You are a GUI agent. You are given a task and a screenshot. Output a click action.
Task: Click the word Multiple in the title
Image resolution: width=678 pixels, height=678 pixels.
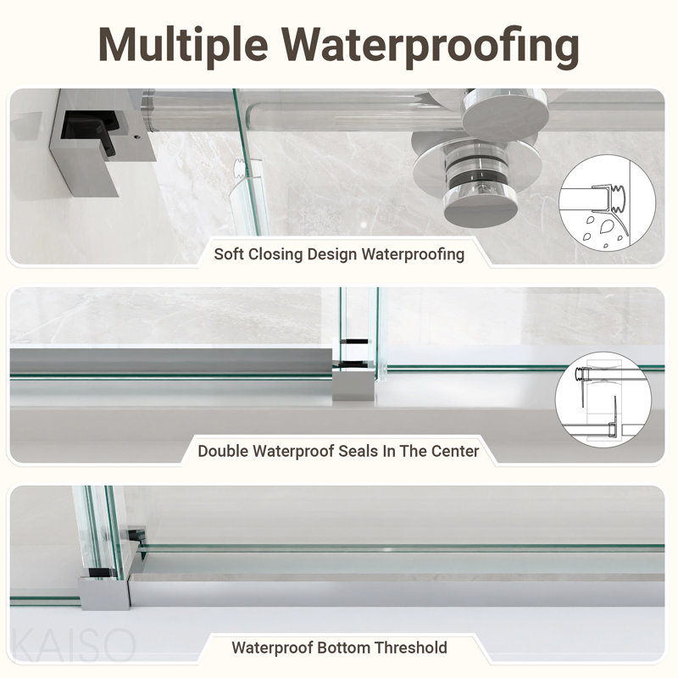point(184,46)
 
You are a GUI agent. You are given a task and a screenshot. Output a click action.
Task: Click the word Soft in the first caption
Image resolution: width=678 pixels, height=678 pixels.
point(228,253)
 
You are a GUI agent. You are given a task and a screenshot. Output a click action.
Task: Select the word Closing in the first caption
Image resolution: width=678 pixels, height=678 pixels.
point(275,254)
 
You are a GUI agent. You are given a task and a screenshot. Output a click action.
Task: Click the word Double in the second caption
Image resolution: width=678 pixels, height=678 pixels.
point(223,451)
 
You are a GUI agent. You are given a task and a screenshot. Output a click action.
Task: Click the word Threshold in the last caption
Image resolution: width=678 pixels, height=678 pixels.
point(411,647)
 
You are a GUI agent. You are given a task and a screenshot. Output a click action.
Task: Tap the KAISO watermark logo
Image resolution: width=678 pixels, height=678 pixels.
point(73,646)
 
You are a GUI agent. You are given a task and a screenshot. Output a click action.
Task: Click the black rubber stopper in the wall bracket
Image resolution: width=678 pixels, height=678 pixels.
point(90,130)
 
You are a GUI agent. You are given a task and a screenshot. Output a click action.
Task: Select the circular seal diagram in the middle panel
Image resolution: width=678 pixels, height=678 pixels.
point(603,399)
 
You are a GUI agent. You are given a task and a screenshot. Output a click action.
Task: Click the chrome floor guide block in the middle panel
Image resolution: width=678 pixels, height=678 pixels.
point(353,382)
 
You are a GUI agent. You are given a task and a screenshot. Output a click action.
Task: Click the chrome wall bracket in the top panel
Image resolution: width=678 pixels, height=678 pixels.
point(103,142)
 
